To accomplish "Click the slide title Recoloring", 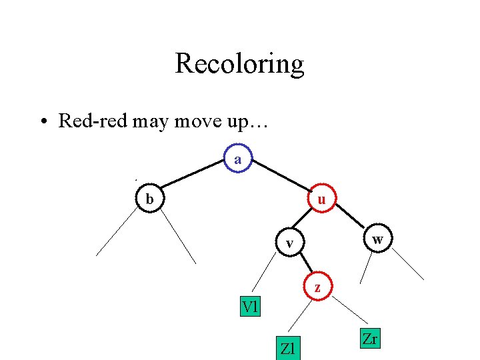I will (x=239, y=64).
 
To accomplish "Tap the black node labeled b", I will (x=150, y=199).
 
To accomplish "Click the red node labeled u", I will (x=321, y=199).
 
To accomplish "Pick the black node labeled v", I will (x=289, y=243).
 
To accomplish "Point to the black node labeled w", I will (x=377, y=239).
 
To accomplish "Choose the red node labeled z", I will (x=317, y=288).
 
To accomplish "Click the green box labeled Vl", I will (x=251, y=307).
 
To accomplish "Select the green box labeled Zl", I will (x=288, y=348).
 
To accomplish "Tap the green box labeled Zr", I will (x=369, y=339).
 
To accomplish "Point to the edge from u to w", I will (x=349, y=219).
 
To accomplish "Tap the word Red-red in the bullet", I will (x=94, y=121).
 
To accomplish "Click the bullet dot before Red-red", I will (x=42, y=122).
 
